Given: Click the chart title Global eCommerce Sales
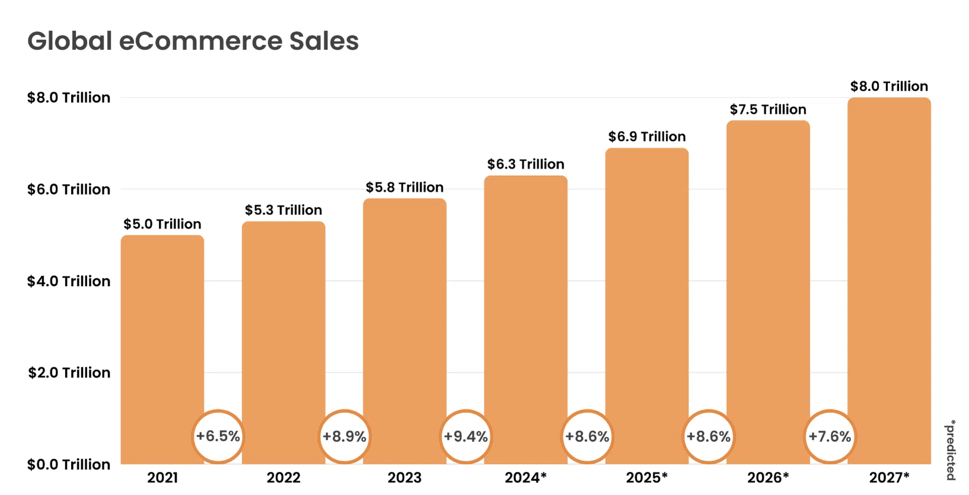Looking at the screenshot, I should click(x=193, y=41).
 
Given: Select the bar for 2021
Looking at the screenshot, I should click(x=162, y=332).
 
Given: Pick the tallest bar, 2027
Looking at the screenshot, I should click(x=889, y=267).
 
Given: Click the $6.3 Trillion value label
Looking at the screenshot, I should click(x=525, y=164).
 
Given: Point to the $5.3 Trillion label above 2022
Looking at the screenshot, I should click(x=283, y=210).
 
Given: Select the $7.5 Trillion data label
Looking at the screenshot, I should click(x=768, y=109).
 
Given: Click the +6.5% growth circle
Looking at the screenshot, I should click(x=218, y=436).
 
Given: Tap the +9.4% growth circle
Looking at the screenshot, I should click(x=466, y=436).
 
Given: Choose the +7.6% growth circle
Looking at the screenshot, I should click(x=830, y=436).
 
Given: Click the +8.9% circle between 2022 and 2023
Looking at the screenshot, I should click(x=344, y=436).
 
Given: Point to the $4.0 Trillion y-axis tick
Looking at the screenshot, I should click(x=69, y=281).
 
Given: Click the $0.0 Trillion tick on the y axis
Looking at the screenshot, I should click(x=69, y=464).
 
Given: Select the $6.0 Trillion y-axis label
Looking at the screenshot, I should click(x=69, y=189).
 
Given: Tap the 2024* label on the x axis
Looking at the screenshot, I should click(x=525, y=477).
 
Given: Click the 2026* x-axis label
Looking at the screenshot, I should click(x=768, y=477).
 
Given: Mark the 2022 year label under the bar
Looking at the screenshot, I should click(x=283, y=477).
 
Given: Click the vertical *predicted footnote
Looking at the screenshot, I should click(x=951, y=450).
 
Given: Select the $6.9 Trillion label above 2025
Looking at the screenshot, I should click(x=646, y=137).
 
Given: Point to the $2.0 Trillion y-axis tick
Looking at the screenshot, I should click(x=69, y=373).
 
